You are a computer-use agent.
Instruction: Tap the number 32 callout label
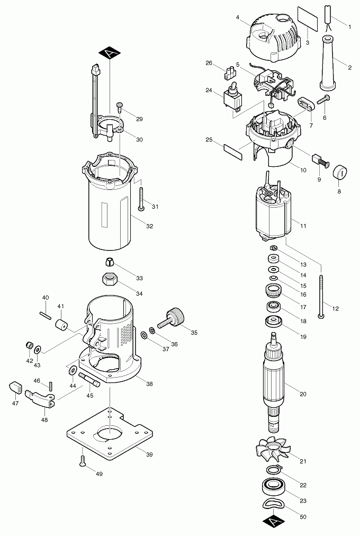pyautogui.click(x=149, y=226)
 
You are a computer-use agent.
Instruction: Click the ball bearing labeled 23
pyautogui.click(x=274, y=487)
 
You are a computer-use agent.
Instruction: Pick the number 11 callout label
pyautogui.click(x=303, y=226)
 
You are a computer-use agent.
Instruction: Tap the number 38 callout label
pyautogui.click(x=149, y=383)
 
